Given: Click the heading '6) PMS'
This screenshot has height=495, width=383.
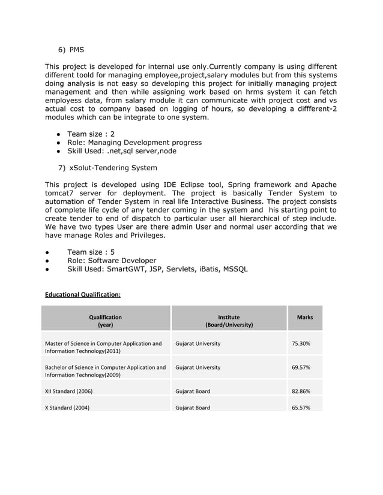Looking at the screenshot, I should coord(71,49).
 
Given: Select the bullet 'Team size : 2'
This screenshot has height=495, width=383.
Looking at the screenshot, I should coord(91,134).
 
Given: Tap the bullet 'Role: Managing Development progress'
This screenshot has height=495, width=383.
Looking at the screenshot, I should coord(134,143).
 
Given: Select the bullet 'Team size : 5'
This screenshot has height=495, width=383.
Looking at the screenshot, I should coord(91,252).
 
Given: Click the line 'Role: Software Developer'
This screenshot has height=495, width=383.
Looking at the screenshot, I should coord(112,261).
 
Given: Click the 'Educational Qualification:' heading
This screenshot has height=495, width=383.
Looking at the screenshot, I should coord(83,295).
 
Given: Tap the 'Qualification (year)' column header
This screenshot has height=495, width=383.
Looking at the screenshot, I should coord(105,321).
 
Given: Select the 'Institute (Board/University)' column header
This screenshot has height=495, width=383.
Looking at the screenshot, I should coord(229,321).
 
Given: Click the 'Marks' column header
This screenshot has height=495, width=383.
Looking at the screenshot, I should coord(305,317).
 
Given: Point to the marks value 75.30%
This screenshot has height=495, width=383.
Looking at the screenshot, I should coord(301,344).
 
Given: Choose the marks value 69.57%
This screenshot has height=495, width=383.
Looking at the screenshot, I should coord(301,367).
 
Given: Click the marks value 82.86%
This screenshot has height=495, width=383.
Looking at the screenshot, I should coord(301,391).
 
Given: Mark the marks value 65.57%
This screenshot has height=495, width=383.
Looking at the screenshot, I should coord(301,408).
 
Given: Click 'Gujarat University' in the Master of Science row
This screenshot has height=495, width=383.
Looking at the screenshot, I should coord(198,344).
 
